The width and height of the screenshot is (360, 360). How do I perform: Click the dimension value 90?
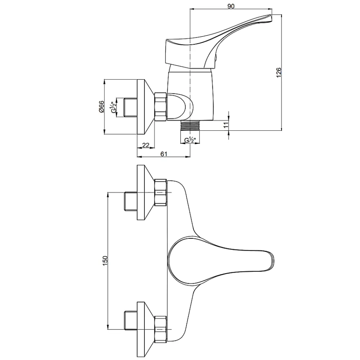tap(231, 6)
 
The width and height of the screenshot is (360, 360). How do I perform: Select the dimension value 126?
tap(279, 73)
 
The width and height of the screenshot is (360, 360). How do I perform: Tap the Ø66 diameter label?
tap(102, 107)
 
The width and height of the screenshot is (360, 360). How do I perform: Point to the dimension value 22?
tap(146, 145)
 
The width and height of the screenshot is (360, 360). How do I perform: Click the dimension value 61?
tap(163, 154)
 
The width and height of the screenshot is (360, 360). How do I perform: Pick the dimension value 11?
tap(226, 125)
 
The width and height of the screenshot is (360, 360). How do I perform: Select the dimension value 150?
tap(105, 261)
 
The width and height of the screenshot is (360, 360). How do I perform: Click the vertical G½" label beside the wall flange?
tap(113, 107)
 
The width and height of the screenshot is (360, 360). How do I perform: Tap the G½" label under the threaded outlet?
tap(190, 140)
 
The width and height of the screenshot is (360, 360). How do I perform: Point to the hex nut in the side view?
tap(161, 107)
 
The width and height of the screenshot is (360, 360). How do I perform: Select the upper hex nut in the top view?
tap(161, 192)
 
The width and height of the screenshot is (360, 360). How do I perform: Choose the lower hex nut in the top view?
tap(161, 329)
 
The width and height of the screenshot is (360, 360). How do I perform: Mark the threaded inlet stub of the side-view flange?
tap(130, 107)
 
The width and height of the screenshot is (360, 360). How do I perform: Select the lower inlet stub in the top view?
tap(130, 320)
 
